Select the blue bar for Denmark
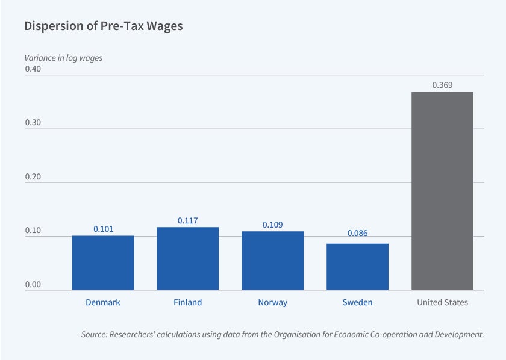tap(103, 262)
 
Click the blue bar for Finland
tap(188, 258)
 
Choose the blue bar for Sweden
tap(358, 267)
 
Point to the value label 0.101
tap(103, 229)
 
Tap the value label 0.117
tap(188, 221)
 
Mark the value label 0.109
tap(273, 225)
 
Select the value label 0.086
tap(358, 234)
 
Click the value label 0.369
tap(442, 85)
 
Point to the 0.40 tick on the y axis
tap(33, 69)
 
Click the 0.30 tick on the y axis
tap(33, 123)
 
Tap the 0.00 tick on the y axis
tap(33, 284)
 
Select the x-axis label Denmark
tap(103, 302)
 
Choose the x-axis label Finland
tap(188, 302)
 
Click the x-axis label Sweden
tap(358, 302)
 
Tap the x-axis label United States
tap(442, 302)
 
